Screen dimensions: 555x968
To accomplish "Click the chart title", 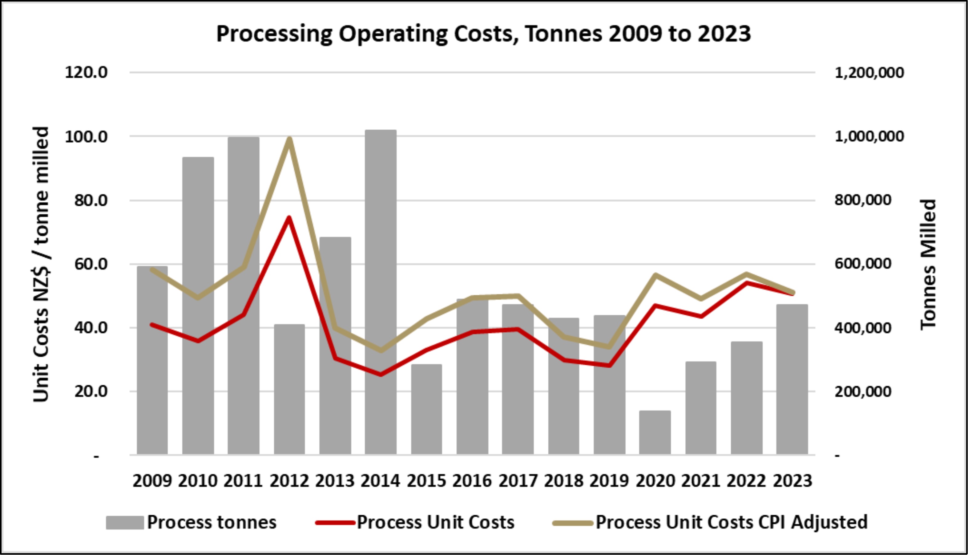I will [x=483, y=34].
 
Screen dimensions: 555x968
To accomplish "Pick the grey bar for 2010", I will [x=198, y=305].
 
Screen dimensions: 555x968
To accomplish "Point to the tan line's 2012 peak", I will [x=289, y=138].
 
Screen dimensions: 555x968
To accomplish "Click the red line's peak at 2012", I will [x=289, y=218].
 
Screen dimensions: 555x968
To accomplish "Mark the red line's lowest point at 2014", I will [x=381, y=374].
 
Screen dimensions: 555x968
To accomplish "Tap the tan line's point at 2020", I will [x=655, y=275].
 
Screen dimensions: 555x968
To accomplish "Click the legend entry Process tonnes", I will [x=212, y=522].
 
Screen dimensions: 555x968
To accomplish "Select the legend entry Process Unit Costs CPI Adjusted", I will [x=732, y=522].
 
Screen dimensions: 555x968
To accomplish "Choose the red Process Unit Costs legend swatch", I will [x=335, y=523].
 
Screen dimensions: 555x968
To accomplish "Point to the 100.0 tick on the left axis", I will [x=87, y=136].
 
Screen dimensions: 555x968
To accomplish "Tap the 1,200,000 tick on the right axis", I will [x=869, y=72].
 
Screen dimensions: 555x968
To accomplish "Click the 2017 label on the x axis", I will [x=518, y=481].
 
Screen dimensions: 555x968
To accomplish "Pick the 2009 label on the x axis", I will [x=152, y=481].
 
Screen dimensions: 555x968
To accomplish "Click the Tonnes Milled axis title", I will [x=928, y=264].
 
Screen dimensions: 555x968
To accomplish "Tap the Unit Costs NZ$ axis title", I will [x=41, y=264].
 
